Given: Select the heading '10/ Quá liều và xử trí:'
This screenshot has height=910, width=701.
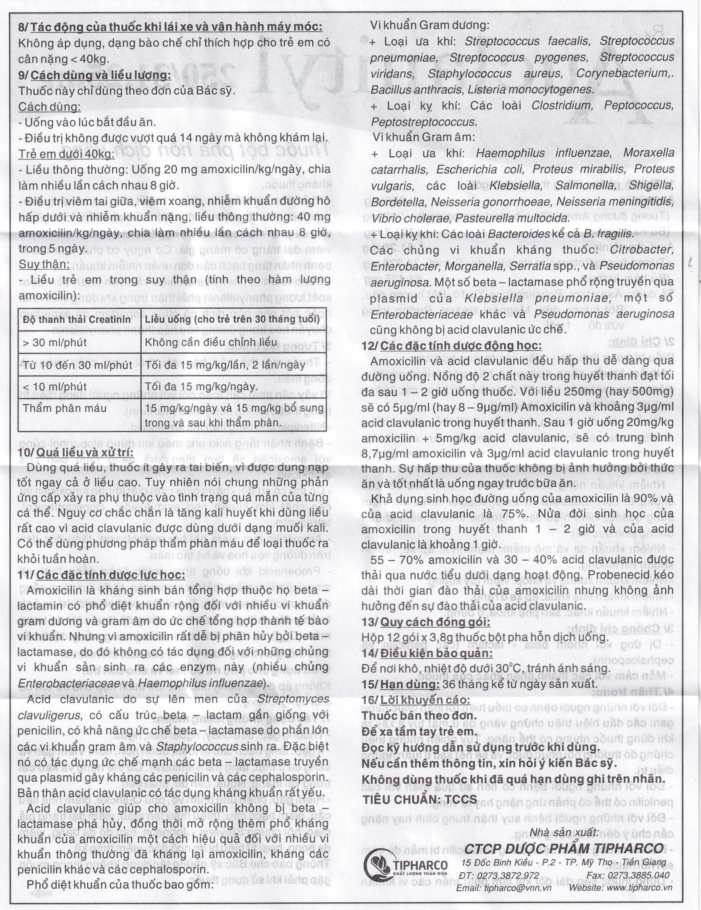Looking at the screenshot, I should pyautogui.click(x=76, y=453).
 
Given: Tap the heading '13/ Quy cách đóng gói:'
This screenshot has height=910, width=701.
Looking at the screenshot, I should pyautogui.click(x=426, y=622).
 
